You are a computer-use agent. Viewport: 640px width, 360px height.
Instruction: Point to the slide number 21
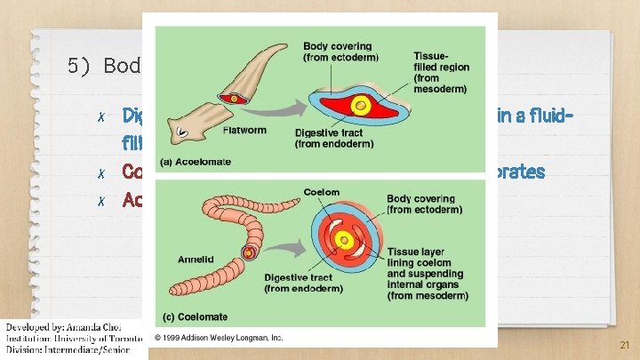tap(623, 345)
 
